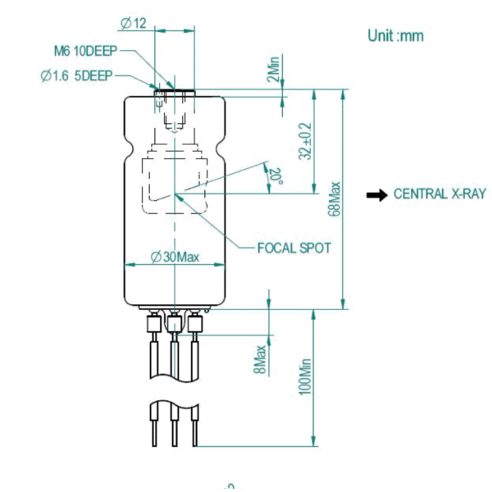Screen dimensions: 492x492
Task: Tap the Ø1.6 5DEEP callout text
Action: (75, 75)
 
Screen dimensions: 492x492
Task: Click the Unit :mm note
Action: (395, 36)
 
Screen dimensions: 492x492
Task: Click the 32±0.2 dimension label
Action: (305, 141)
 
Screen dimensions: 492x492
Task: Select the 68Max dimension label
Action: (335, 198)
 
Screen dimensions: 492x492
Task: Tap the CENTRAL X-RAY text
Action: (440, 194)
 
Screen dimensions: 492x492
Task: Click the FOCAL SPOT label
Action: (294, 248)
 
